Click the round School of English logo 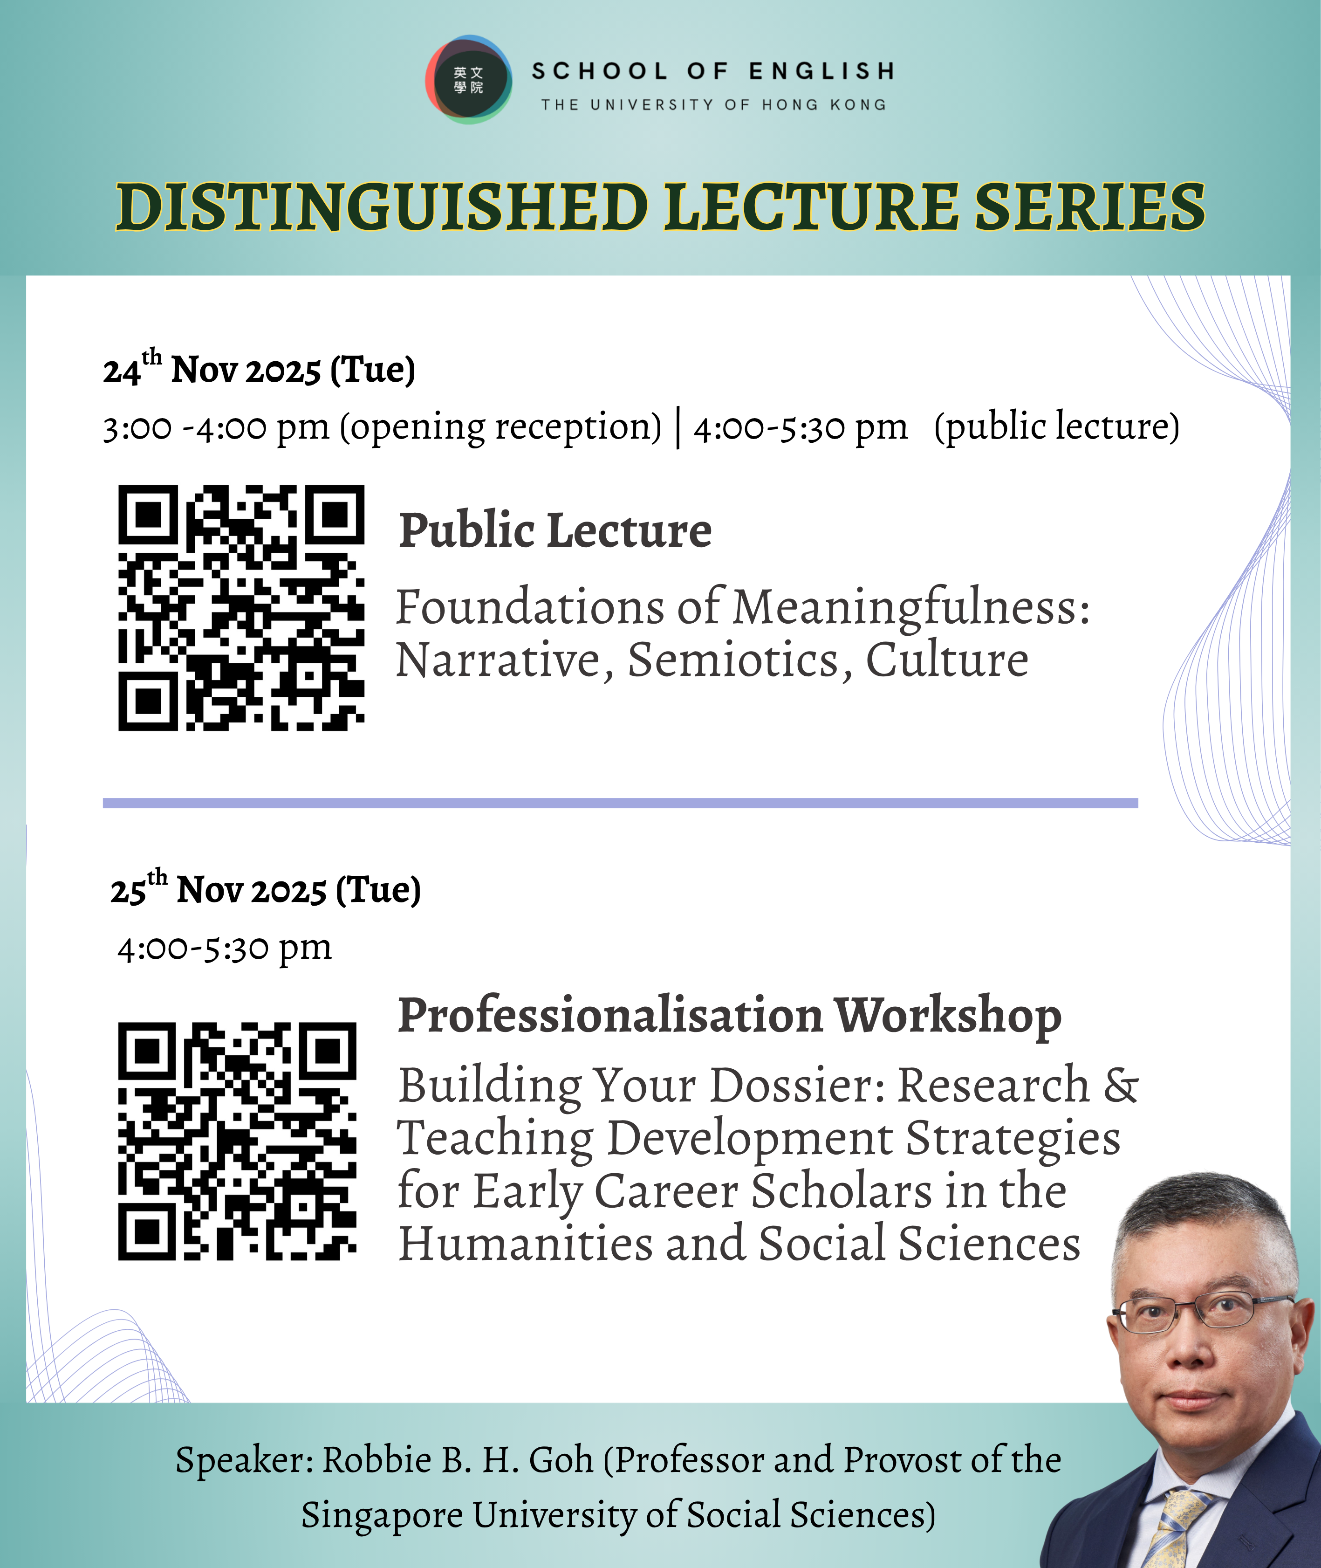(469, 79)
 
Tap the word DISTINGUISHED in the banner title (382, 207)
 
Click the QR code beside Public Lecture (241, 607)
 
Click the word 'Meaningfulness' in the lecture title (910, 607)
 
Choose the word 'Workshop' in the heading (948, 1017)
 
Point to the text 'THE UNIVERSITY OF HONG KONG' (714, 105)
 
